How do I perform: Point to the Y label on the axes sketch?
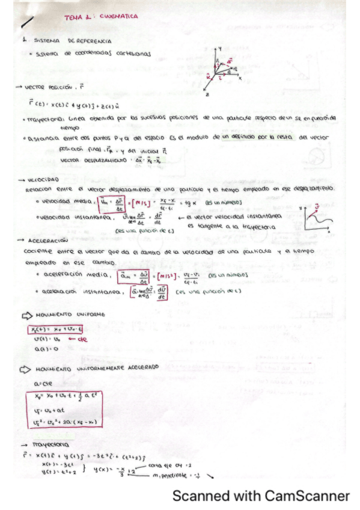pyautogui.click(x=222, y=46)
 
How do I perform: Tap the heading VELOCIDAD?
pyautogui.click(x=43, y=180)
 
